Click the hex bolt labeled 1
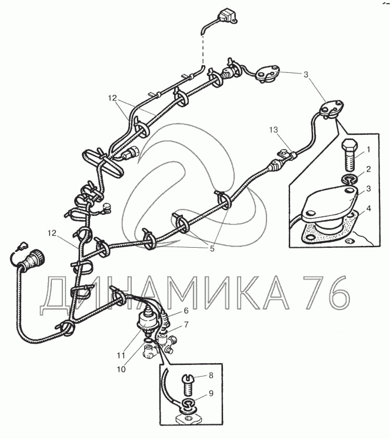point(349,155)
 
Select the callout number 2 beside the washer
point(368,169)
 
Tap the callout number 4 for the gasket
point(369,208)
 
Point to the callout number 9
point(211,393)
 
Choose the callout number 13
point(274,129)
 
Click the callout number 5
point(212,248)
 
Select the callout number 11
point(121,355)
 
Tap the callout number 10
point(121,370)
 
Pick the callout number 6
point(186,311)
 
